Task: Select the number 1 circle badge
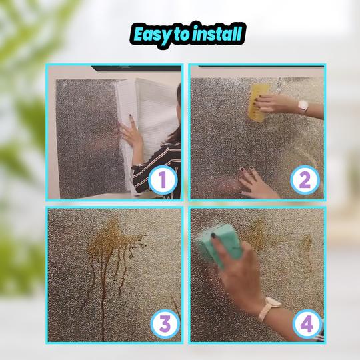click(163, 180)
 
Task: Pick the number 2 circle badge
click(305, 180)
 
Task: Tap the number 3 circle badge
click(165, 324)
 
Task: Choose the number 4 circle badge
click(307, 324)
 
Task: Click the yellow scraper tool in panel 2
click(259, 102)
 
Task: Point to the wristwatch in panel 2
click(303, 106)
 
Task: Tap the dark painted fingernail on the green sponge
click(213, 235)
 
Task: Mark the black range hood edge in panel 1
click(137, 68)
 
